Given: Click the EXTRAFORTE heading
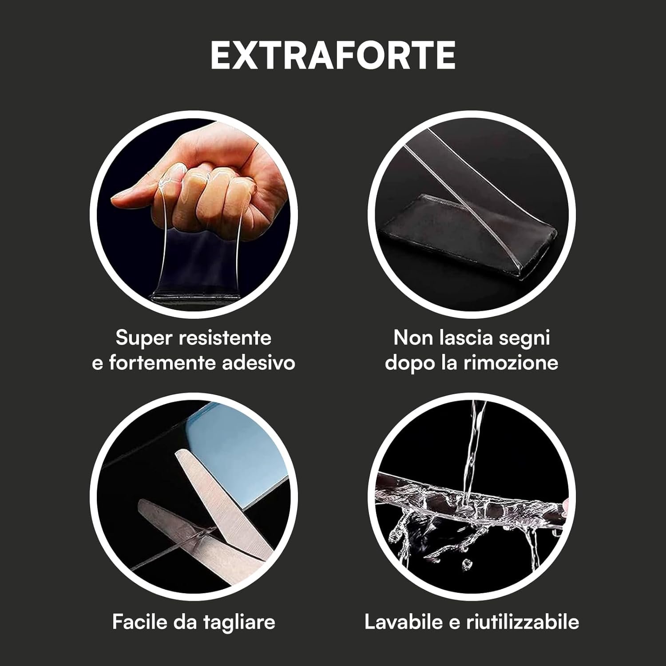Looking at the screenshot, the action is click(333, 55).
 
